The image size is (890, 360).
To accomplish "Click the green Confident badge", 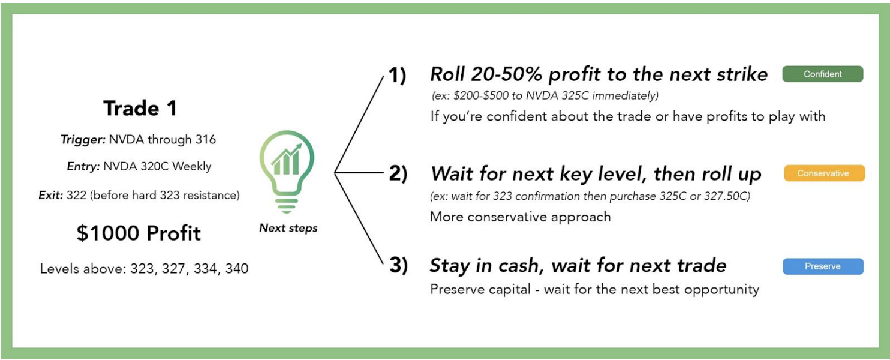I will point(822,74).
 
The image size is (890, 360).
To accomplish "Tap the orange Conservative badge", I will point(824,173).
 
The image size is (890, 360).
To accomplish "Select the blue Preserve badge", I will point(822,266).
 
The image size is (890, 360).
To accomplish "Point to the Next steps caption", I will point(288,228).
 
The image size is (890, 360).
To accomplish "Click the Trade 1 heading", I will point(140,108).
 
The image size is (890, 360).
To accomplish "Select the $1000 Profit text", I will point(138,233).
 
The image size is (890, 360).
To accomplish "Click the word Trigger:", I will point(83,140).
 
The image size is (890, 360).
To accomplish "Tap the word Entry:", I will point(82,166).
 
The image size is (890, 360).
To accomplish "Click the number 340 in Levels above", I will point(236,268).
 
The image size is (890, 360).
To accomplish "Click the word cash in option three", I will point(521,265).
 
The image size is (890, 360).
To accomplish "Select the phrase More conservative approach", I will point(520,217).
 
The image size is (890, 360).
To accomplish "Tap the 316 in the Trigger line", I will point(205,140).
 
